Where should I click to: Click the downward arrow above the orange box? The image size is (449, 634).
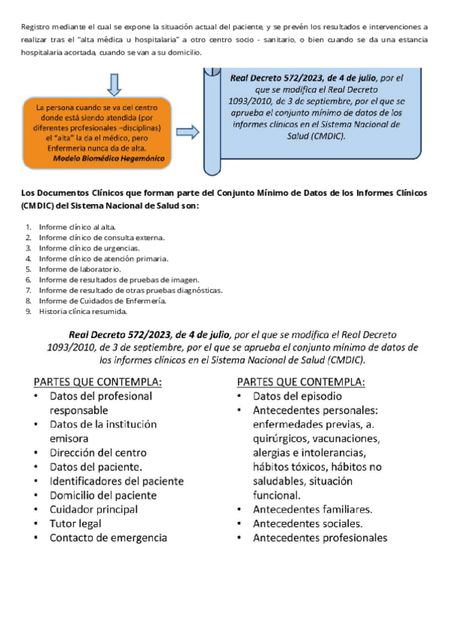pos(114,84)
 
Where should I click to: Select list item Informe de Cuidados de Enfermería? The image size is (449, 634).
pos(102,301)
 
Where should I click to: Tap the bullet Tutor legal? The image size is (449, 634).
pos(76,523)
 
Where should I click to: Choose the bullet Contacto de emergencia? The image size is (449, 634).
pos(108,538)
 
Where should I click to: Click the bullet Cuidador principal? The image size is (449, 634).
pos(94,509)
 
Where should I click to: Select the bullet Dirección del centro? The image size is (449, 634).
pos(98,452)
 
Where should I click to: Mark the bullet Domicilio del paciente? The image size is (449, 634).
pos(103,495)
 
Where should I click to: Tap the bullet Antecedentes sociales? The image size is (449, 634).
pos(308,523)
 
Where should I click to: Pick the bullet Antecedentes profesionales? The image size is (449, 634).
pos(320,538)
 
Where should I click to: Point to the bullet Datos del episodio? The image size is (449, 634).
pos(297,396)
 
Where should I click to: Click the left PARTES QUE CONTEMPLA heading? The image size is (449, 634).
pos(97,381)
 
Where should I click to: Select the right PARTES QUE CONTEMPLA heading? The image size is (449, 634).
pos(301,381)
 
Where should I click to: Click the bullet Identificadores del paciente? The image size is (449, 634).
pos(116,481)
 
